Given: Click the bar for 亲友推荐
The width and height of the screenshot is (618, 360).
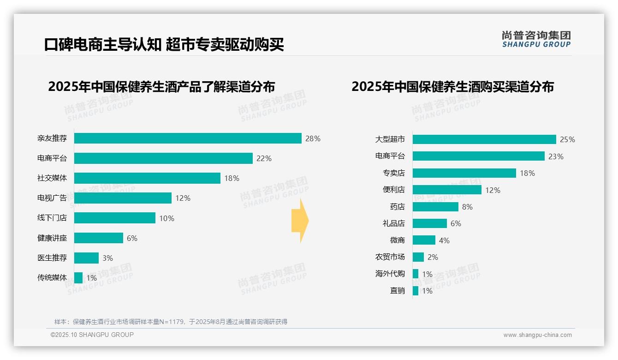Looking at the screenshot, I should click(188, 138).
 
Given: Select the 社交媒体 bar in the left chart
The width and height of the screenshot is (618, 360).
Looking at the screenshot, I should click(147, 178).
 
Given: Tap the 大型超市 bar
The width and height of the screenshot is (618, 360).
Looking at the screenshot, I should click(484, 139).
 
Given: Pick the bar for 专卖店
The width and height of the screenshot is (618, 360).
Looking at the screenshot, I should click(464, 173).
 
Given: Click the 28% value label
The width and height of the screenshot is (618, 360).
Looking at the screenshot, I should click(313, 138).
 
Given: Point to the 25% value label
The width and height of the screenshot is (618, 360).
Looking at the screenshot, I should click(567, 139).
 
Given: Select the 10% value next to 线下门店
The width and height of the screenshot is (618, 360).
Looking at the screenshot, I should click(167, 218).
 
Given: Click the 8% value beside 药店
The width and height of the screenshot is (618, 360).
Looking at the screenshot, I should click(467, 207).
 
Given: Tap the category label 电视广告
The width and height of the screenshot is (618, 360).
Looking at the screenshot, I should click(52, 198).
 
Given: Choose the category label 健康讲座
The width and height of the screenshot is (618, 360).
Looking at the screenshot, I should click(52, 238).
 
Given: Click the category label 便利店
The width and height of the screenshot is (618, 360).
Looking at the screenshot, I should click(394, 190).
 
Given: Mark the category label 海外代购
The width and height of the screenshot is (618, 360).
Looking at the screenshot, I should click(390, 274).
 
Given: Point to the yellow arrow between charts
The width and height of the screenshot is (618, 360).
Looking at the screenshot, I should click(300, 221).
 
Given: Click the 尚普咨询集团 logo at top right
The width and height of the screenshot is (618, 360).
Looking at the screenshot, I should click(536, 39).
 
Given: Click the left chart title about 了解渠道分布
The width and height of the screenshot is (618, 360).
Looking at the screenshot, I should click(161, 87).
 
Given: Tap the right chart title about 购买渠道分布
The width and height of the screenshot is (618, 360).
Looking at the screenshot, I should click(452, 87).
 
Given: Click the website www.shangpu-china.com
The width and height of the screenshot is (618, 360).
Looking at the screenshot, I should click(537, 335).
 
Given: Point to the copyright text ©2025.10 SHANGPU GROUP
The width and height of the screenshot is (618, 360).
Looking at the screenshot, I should click(92, 335).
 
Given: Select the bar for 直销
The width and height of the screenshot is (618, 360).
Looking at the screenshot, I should click(416, 291).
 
